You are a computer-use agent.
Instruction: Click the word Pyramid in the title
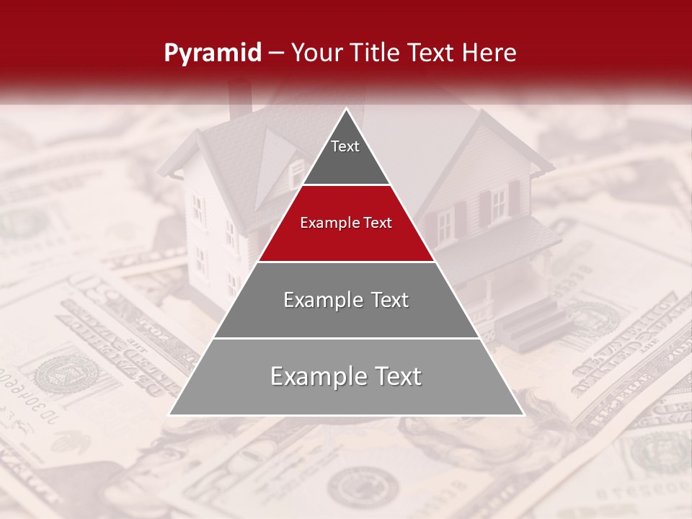point(212,53)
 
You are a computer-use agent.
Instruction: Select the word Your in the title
point(317,53)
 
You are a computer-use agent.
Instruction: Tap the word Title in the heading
point(376,53)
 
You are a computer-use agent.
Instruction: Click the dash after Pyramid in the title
point(276,53)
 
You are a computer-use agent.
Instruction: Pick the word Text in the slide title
point(432,53)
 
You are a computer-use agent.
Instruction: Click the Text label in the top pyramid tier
point(345,146)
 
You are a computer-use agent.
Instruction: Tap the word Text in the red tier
point(376,223)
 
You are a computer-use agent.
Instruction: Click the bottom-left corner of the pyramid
point(170,414)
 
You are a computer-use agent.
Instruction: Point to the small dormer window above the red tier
point(296,172)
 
